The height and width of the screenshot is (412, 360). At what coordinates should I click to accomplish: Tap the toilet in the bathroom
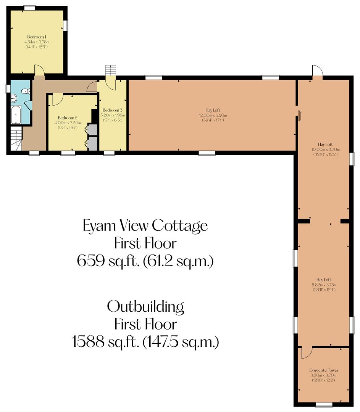(25, 91)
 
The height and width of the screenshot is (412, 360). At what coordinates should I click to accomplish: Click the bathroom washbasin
(13, 98)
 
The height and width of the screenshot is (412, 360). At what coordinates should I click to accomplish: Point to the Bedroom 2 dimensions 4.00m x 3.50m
(68, 123)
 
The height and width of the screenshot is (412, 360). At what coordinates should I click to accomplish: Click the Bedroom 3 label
(112, 110)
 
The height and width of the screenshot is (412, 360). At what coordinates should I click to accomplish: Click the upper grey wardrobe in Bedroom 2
(92, 129)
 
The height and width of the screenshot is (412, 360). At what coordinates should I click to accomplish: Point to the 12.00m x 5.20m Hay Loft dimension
(213, 115)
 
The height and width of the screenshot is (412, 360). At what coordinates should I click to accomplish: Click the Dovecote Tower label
(323, 370)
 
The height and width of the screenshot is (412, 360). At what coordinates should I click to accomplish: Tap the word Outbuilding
(145, 306)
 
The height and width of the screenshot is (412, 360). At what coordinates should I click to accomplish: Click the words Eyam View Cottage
(145, 225)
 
